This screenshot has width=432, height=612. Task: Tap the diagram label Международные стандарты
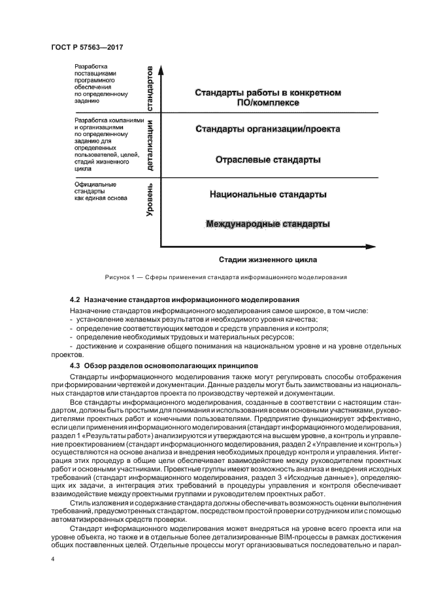pos(268,224)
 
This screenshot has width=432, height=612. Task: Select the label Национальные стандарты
pos(268,194)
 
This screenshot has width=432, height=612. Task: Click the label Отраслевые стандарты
pos(268,160)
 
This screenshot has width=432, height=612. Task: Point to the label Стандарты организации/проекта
pos(268,129)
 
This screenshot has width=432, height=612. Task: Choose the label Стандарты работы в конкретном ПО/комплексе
pos(268,97)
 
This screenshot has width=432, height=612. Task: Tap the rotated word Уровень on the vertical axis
pos(150,200)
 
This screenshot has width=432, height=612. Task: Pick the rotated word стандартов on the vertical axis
pos(150,88)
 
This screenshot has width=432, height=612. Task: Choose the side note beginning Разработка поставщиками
pos(99,84)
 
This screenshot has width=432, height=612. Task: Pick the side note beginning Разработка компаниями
pos(105,144)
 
